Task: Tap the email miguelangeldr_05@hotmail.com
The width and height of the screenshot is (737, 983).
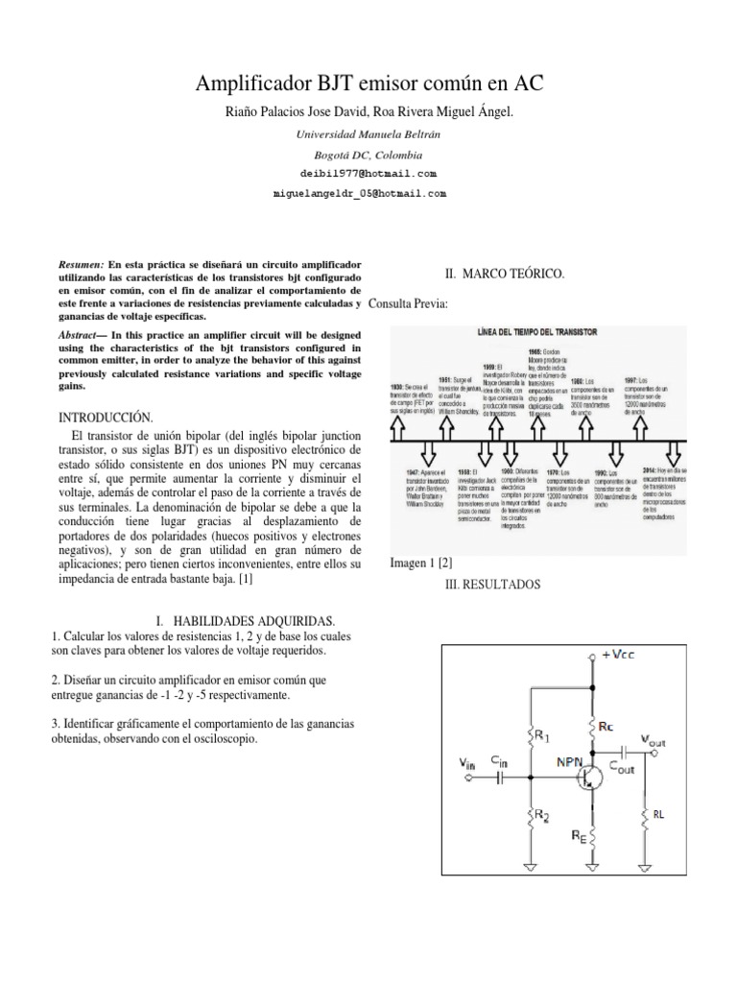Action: (x=361, y=193)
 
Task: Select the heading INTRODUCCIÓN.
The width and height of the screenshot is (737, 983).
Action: (x=107, y=417)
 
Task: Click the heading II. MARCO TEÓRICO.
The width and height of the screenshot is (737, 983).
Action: (x=505, y=275)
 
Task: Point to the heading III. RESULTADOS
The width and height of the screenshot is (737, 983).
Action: (x=494, y=584)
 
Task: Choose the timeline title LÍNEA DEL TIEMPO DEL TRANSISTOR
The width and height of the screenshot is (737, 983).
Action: (x=537, y=331)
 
